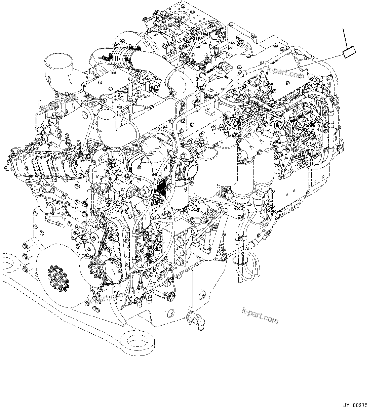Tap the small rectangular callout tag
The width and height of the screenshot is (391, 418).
click(348, 53)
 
